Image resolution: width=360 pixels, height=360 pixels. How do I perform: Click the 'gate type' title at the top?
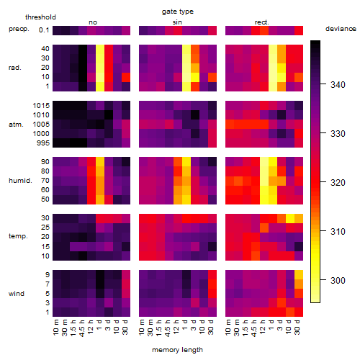178,12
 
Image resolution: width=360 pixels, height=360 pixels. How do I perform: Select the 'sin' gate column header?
177,22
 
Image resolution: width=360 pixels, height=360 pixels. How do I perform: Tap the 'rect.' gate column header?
261,22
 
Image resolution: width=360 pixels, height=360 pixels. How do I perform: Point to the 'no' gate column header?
93,22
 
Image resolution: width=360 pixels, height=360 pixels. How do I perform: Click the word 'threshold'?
40,17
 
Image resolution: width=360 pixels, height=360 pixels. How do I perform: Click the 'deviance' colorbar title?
341,29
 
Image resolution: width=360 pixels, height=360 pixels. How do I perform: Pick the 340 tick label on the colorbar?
338,85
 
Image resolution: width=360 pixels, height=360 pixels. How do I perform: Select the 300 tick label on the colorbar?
338,280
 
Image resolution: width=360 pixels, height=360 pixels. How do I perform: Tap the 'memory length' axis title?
177,350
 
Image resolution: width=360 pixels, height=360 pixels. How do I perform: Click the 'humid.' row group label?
20,181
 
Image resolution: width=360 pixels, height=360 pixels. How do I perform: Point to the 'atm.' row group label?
16,125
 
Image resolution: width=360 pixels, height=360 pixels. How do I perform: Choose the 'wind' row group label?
17,294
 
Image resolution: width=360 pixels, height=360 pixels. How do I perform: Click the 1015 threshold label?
41,106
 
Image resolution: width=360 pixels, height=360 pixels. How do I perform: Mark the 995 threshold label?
43,143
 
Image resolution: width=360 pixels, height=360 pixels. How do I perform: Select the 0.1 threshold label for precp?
44,30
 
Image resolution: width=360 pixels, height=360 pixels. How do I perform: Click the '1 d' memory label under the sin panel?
184,325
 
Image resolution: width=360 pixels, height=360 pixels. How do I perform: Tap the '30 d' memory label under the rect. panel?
297,328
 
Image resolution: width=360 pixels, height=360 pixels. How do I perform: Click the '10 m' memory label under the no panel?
55,328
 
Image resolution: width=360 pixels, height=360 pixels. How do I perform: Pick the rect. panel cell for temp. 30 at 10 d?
290,218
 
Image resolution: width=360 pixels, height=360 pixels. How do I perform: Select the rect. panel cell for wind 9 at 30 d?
299,275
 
